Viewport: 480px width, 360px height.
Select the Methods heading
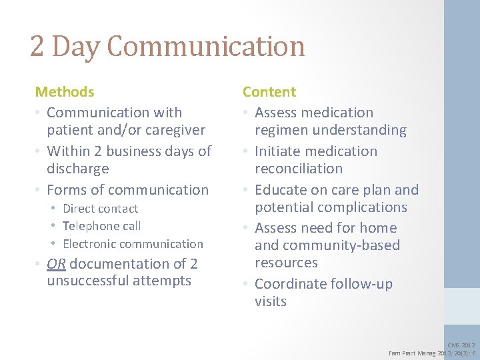pyautogui.click(x=65, y=92)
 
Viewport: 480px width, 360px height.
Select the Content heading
pyautogui.click(x=269, y=92)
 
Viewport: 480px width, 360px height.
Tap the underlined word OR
pyautogui.click(x=56, y=264)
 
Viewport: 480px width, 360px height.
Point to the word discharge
pyautogui.click(x=78, y=169)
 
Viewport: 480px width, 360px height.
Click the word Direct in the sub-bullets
pyautogui.click(x=81, y=209)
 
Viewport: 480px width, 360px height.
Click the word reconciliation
pyautogui.click(x=299, y=169)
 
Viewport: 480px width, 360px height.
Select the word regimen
pyautogui.click(x=283, y=130)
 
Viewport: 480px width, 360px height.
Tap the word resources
pyautogui.click(x=287, y=263)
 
